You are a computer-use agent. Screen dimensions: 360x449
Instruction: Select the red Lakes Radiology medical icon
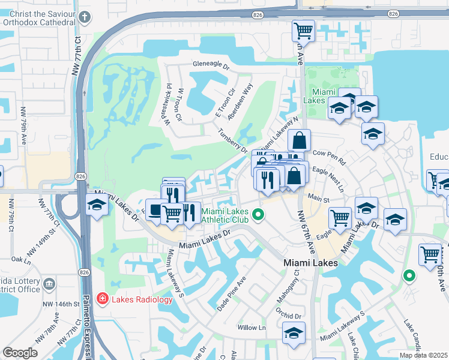[101, 298]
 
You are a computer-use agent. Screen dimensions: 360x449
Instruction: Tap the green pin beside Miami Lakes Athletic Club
[258, 214]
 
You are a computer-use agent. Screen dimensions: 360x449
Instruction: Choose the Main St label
[319, 199]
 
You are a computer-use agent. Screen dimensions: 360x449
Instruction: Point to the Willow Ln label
[252, 328]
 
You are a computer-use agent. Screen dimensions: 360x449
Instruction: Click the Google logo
[20, 353]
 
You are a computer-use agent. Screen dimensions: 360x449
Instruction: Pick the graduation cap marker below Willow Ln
[294, 333]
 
